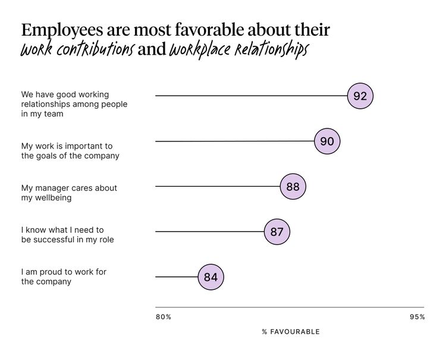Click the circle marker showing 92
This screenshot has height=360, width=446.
pyautogui.click(x=360, y=96)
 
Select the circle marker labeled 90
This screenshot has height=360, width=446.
pyautogui.click(x=327, y=141)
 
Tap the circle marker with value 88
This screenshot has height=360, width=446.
pyautogui.click(x=293, y=187)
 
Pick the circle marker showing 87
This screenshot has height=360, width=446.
pyautogui.click(x=277, y=232)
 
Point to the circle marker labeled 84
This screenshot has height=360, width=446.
pyautogui.click(x=211, y=277)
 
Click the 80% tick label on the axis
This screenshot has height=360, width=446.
pyautogui.click(x=164, y=317)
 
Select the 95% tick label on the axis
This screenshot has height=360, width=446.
pyautogui.click(x=417, y=317)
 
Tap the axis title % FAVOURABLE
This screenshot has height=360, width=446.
pyautogui.click(x=291, y=331)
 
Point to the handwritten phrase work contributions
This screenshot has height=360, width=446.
pyautogui.click(x=77, y=50)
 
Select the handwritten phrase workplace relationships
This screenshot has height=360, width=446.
pyautogui.click(x=238, y=50)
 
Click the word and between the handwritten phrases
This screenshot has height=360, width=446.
pyautogui.click(x=151, y=50)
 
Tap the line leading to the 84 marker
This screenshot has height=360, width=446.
pyautogui.click(x=177, y=277)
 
